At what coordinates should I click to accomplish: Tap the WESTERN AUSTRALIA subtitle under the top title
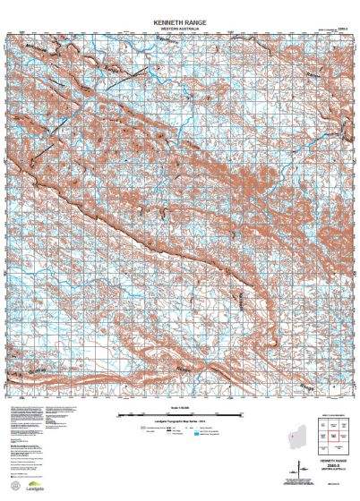(180, 28)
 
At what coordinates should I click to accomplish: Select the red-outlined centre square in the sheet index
(332, 436)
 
